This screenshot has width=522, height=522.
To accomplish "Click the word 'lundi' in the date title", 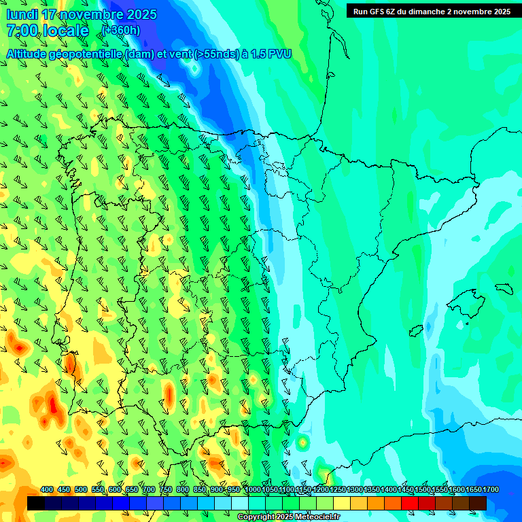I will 22,14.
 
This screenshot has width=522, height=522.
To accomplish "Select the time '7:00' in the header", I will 22,31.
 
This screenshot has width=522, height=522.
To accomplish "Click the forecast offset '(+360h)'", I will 121,30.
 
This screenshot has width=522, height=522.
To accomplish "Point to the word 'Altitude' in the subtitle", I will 29,54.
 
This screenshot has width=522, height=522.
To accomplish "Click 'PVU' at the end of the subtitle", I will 280,54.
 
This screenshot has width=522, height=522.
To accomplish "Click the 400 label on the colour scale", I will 47,489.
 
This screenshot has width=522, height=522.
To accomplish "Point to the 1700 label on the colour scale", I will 472,489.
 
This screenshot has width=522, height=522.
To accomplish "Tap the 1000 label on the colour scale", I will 252,489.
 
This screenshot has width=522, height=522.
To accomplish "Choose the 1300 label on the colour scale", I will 355,489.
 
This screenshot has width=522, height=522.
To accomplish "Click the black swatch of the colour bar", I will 36,503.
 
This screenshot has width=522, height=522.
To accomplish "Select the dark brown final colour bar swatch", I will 478,503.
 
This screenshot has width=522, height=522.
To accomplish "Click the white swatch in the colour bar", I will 240,503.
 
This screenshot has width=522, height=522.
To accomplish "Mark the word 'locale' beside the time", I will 65,31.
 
